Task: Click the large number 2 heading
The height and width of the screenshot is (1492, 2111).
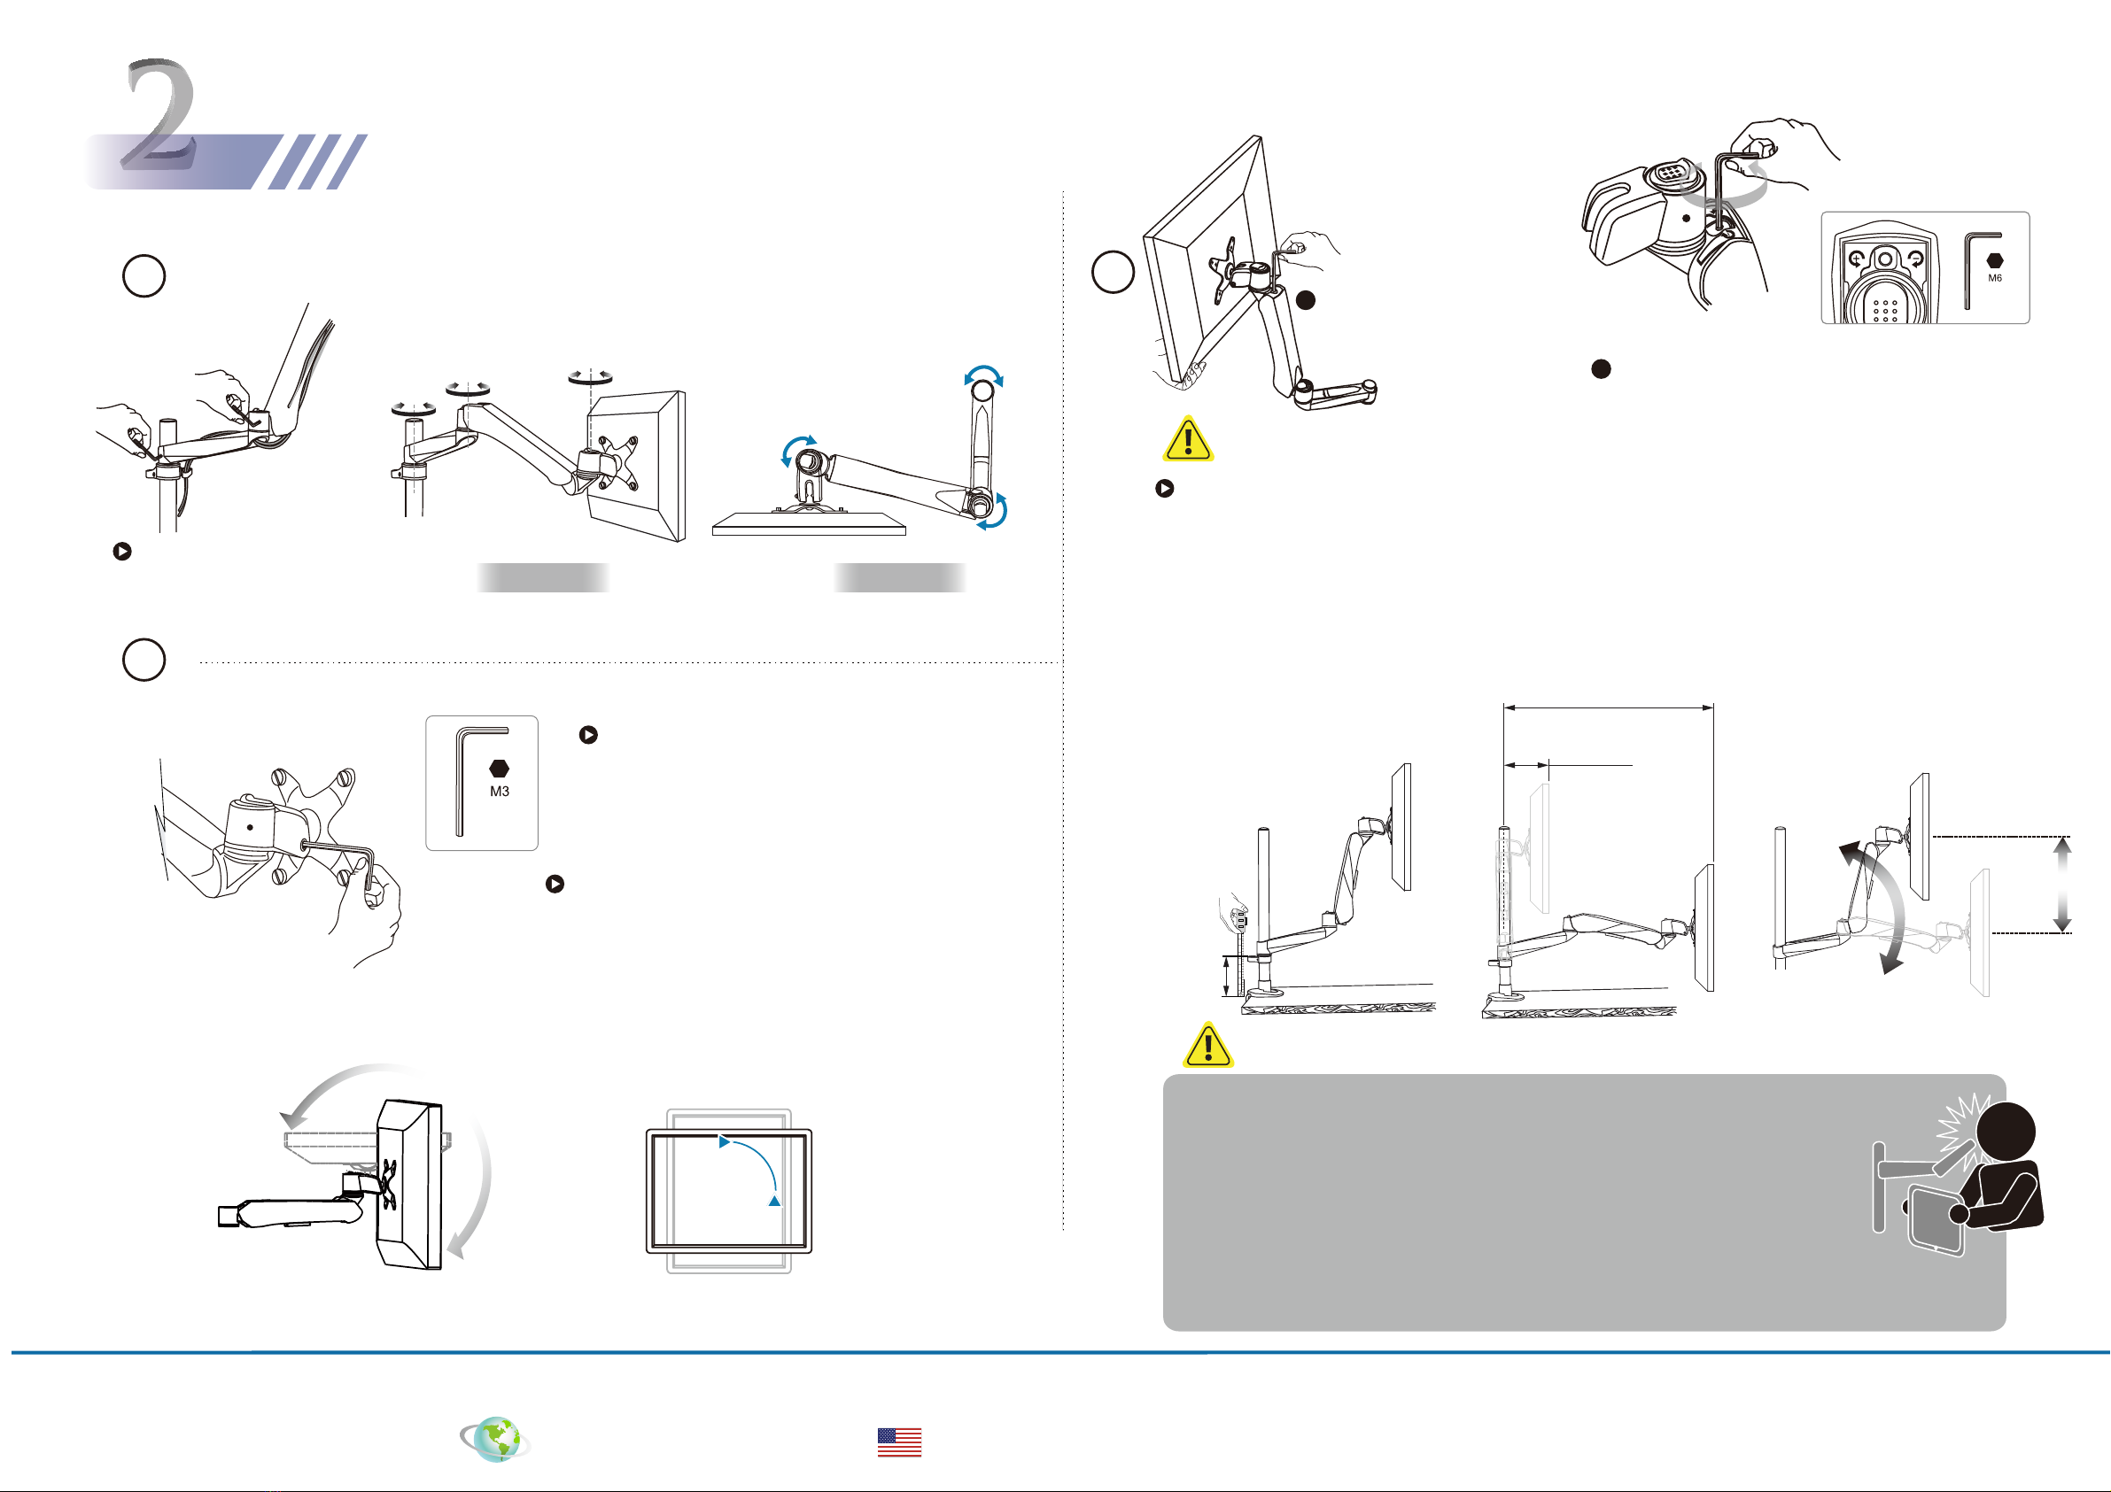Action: pos(159,115)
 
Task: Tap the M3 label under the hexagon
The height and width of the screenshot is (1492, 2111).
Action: pos(500,792)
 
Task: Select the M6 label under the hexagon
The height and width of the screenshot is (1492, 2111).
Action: pos(1994,278)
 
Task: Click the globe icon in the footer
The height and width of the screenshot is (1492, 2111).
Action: pos(496,1439)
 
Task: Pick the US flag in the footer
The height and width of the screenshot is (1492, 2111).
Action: pos(898,1442)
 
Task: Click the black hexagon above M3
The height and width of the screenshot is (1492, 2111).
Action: pos(500,769)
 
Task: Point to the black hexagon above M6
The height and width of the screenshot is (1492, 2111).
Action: pos(1994,261)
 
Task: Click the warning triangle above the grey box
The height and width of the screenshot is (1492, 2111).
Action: pos(1208,1046)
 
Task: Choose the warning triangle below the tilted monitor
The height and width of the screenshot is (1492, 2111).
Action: pos(1188,439)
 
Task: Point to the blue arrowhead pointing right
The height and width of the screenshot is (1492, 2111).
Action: pos(725,1141)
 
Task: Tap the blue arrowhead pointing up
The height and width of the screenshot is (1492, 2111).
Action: pos(775,1201)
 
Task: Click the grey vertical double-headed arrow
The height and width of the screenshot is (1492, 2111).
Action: pos(2062,884)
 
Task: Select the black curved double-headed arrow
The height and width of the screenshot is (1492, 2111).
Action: pos(1873,906)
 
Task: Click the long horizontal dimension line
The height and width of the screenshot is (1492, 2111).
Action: pos(1608,707)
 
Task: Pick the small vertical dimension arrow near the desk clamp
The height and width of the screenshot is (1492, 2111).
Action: pos(1227,977)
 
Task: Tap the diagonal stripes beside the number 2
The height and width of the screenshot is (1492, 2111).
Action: pos(317,162)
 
